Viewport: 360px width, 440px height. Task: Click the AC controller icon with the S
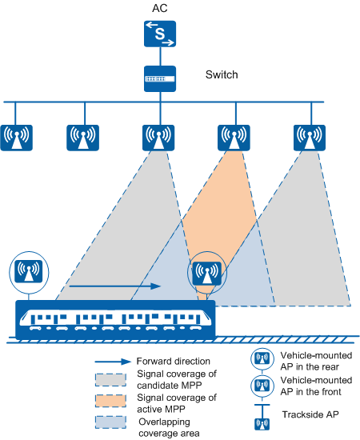[x=160, y=34]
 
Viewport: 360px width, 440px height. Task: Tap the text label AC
[x=160, y=8]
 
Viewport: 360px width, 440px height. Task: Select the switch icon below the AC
[x=160, y=79]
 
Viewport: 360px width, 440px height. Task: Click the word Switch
[x=222, y=74]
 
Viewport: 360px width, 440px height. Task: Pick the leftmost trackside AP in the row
[x=17, y=138]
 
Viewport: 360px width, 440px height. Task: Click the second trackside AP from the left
[x=82, y=138]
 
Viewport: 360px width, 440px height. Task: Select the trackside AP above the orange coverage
[x=234, y=138]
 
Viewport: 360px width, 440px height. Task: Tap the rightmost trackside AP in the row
[x=310, y=138]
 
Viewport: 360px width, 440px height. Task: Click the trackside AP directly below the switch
[x=158, y=138]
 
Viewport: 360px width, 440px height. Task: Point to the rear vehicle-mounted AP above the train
[x=29, y=272]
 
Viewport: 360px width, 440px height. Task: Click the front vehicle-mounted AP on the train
[x=207, y=273]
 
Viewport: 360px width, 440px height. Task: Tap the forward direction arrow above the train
[x=115, y=286]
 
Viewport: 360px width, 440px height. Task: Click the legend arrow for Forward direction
[x=113, y=362]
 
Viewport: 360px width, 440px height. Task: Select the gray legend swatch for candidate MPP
[x=110, y=380]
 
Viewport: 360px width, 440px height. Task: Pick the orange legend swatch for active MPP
[x=110, y=401]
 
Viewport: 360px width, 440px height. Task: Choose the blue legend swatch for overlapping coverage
[x=110, y=422]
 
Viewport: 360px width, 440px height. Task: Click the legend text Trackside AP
[x=310, y=414]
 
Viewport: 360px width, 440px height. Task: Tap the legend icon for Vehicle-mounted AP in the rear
[x=262, y=358]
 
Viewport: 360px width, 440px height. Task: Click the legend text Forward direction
[x=173, y=361]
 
